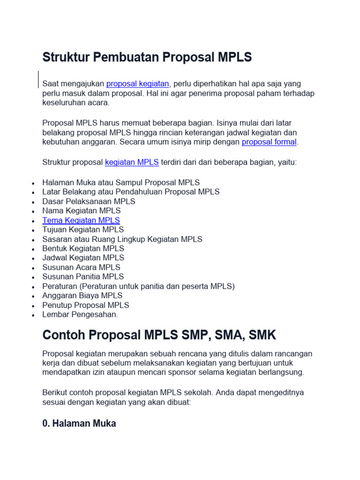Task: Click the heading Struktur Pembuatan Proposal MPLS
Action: (x=147, y=57)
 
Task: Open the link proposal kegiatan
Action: (x=137, y=84)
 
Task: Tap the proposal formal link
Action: (x=269, y=142)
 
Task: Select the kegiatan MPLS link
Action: (x=132, y=163)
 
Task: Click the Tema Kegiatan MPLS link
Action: (x=81, y=220)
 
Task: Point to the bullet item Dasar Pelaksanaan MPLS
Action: (x=89, y=202)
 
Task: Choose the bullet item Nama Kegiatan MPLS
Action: (x=82, y=211)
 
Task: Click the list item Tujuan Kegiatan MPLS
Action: (x=83, y=230)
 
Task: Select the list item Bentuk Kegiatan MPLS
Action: (x=83, y=248)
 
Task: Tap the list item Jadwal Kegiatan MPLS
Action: (x=83, y=258)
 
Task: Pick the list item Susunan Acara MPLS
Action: (x=81, y=267)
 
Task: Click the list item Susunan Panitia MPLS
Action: (x=83, y=277)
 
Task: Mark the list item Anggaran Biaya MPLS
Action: (x=82, y=295)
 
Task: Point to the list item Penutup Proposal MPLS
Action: (x=86, y=305)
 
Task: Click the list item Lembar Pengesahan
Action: (x=80, y=315)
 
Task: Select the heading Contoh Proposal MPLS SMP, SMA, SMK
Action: (x=159, y=335)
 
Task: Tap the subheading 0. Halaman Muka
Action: (x=79, y=423)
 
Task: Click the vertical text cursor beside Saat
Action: (x=38, y=79)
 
